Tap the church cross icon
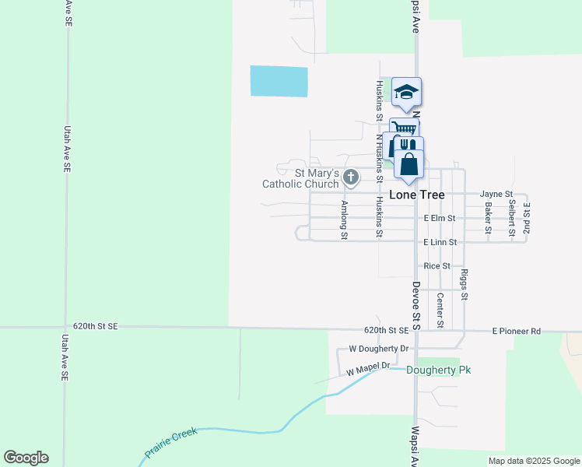[351, 178]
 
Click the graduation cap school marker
[406, 93]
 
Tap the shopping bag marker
[409, 164]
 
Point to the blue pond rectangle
[279, 81]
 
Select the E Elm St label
[440, 219]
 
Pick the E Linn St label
[440, 243]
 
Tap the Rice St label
[436, 266]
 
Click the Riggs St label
[465, 285]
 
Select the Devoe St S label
[416, 306]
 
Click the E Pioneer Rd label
[516, 331]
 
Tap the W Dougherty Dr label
[379, 349]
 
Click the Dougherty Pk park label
[439, 370]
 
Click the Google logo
[26, 458]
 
